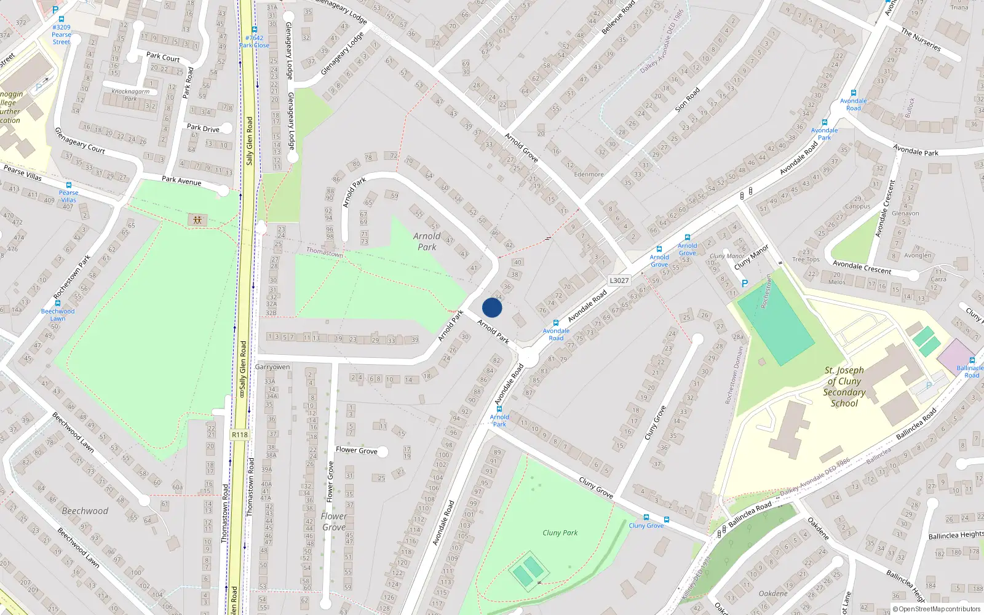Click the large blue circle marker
point(492,307)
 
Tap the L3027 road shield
point(619,280)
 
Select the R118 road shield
point(240,435)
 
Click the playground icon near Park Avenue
point(197,220)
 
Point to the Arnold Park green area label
point(427,241)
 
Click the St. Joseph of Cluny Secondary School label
point(844,387)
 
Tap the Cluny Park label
point(560,533)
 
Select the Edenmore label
point(589,174)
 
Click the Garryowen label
point(272,367)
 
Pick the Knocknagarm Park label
point(130,95)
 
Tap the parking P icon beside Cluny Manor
point(745,284)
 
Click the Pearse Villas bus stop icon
point(68,184)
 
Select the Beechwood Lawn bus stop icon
point(58,303)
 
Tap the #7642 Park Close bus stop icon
point(254,30)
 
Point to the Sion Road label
point(688,100)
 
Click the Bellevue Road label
point(618,18)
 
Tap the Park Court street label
point(163,57)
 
